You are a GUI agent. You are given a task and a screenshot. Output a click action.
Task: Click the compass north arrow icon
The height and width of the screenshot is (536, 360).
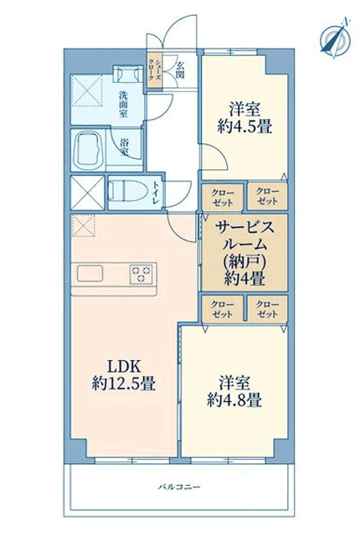pos(336,38)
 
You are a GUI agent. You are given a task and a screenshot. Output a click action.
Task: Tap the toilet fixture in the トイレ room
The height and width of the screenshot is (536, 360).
pos(127,191)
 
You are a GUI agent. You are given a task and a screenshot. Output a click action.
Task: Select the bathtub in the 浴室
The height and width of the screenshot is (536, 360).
pos(88,150)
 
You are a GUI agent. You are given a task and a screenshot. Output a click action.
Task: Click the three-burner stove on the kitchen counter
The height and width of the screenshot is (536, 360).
pos(141,274)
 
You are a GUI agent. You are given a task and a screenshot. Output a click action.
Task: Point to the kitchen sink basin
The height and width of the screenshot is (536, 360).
pos(90,274)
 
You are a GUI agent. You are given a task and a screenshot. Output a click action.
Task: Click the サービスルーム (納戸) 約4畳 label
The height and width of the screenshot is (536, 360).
pos(244,253)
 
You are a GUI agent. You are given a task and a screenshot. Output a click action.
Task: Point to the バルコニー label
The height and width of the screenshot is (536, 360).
pos(179,487)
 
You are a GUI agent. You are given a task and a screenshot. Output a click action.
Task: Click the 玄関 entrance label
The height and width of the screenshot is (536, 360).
pos(180,70)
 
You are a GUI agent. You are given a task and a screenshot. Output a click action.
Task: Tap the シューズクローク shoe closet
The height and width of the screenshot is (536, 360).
pos(154,70)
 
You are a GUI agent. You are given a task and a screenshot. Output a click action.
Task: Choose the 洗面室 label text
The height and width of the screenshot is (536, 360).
pos(123,104)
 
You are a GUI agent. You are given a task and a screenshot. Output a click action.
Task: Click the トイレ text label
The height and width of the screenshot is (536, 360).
pos(156,193)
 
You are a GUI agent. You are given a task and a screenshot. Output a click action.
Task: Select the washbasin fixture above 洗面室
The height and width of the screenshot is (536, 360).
pos(128,74)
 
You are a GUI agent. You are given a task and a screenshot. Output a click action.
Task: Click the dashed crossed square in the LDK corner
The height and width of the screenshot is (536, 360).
pos(83,225)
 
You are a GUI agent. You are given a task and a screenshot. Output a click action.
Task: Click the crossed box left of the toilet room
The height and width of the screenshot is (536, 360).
pos(87,193)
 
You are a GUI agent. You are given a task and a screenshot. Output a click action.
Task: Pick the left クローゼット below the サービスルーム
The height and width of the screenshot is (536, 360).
pos(223,309)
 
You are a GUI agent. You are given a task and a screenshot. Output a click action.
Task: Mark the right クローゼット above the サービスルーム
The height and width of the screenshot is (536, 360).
pos(267,197)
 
